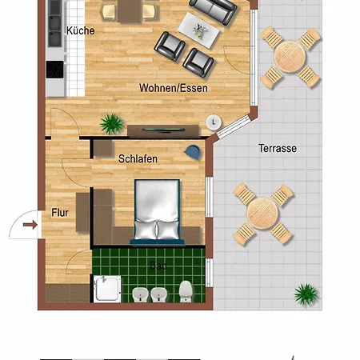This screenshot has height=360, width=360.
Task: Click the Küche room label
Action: pyautogui.click(x=80, y=31)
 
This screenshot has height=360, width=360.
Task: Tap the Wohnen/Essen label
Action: pyautogui.click(x=174, y=88)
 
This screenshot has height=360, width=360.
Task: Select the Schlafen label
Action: pyautogui.click(x=138, y=159)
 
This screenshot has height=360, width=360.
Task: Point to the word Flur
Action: pyautogui.click(x=60, y=213)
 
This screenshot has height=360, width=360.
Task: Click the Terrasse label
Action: pyautogui.click(x=278, y=149)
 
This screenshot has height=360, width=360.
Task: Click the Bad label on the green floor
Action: pyautogui.click(x=158, y=265)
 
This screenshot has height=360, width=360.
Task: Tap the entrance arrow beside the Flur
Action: pyautogui.click(x=30, y=225)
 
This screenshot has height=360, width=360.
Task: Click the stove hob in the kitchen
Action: pyautogui.click(x=55, y=70)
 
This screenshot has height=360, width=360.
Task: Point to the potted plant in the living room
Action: pyautogui.click(x=110, y=123)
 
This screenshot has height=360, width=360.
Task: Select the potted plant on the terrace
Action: pyautogui.click(x=305, y=294)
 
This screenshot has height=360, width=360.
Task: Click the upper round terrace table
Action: pyautogui.click(x=289, y=57)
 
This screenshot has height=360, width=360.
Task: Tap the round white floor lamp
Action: pyautogui.click(x=214, y=122)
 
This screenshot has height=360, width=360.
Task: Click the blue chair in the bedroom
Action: pyautogui.click(x=192, y=151)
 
